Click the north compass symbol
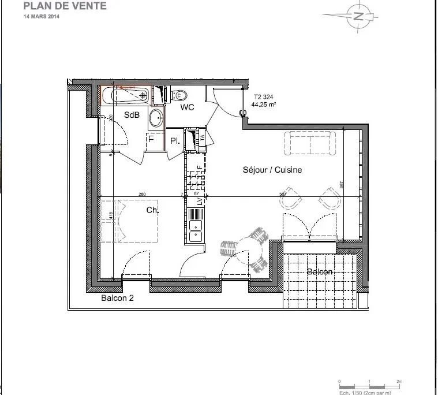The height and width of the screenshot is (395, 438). tap(358, 16)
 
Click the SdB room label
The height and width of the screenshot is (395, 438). tap(132, 115)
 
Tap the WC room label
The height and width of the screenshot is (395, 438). tap(186, 107)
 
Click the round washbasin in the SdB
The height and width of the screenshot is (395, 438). tap(155, 119)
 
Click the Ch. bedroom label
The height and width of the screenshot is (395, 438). tap(152, 211)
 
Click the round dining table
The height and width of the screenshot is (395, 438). tap(249, 249)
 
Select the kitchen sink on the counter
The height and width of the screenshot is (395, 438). tap(196, 230)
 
